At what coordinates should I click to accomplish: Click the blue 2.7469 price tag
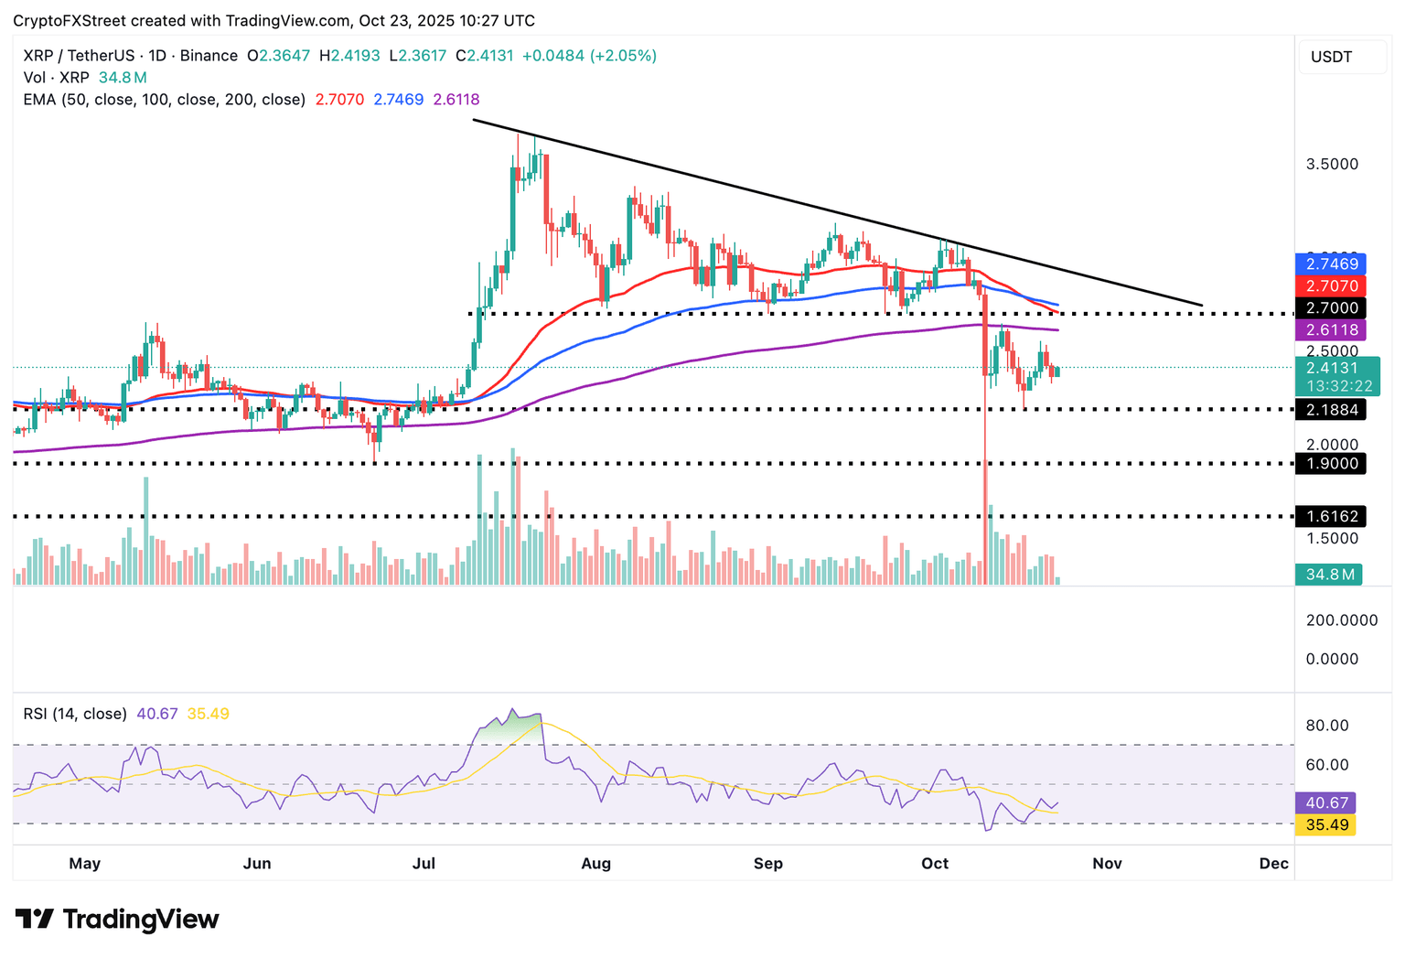click(1332, 264)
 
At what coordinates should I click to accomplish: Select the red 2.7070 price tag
click(1332, 285)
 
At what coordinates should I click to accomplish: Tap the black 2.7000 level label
click(1332, 308)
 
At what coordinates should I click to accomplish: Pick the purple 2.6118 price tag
click(1332, 330)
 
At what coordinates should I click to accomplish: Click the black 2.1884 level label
click(1332, 410)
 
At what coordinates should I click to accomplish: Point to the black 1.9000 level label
click(1332, 464)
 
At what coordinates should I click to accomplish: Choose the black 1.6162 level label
click(1332, 517)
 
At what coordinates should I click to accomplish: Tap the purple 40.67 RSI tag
click(1326, 802)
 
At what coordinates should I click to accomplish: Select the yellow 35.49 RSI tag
click(1326, 824)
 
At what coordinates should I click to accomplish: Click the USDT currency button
click(1331, 57)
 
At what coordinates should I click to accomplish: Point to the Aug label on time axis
click(595, 863)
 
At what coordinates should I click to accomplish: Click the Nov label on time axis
click(1107, 863)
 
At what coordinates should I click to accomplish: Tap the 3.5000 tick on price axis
click(1332, 165)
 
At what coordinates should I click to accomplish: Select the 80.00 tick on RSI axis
click(1327, 726)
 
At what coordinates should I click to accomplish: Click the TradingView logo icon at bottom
click(35, 919)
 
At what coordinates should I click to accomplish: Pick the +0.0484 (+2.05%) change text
click(589, 56)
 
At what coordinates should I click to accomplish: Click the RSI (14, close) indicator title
click(75, 714)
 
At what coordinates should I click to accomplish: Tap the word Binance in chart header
click(209, 56)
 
